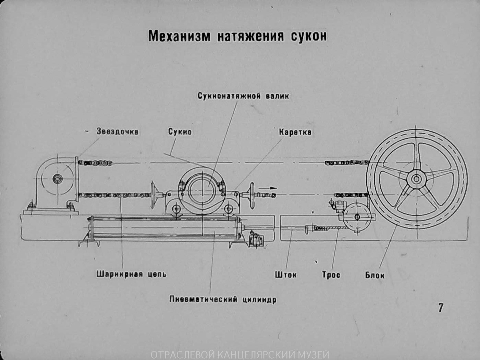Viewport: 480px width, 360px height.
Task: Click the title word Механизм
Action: coord(180,36)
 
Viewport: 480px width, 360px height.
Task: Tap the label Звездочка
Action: coord(118,132)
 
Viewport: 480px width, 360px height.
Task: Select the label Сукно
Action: coord(180,132)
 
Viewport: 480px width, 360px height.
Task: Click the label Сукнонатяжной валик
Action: coord(243,96)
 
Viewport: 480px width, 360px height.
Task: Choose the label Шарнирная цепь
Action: coord(132,274)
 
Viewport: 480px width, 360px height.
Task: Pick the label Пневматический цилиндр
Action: coord(223,299)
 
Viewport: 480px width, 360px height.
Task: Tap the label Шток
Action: coord(286,274)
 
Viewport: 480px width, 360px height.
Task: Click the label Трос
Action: coord(331,274)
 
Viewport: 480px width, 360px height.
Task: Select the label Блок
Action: coord(374,275)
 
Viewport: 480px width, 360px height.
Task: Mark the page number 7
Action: coord(441,308)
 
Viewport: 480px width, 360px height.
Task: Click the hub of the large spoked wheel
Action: coord(416,179)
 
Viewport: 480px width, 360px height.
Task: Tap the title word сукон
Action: coord(309,36)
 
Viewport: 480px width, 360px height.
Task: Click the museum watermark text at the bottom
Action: coord(240,355)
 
